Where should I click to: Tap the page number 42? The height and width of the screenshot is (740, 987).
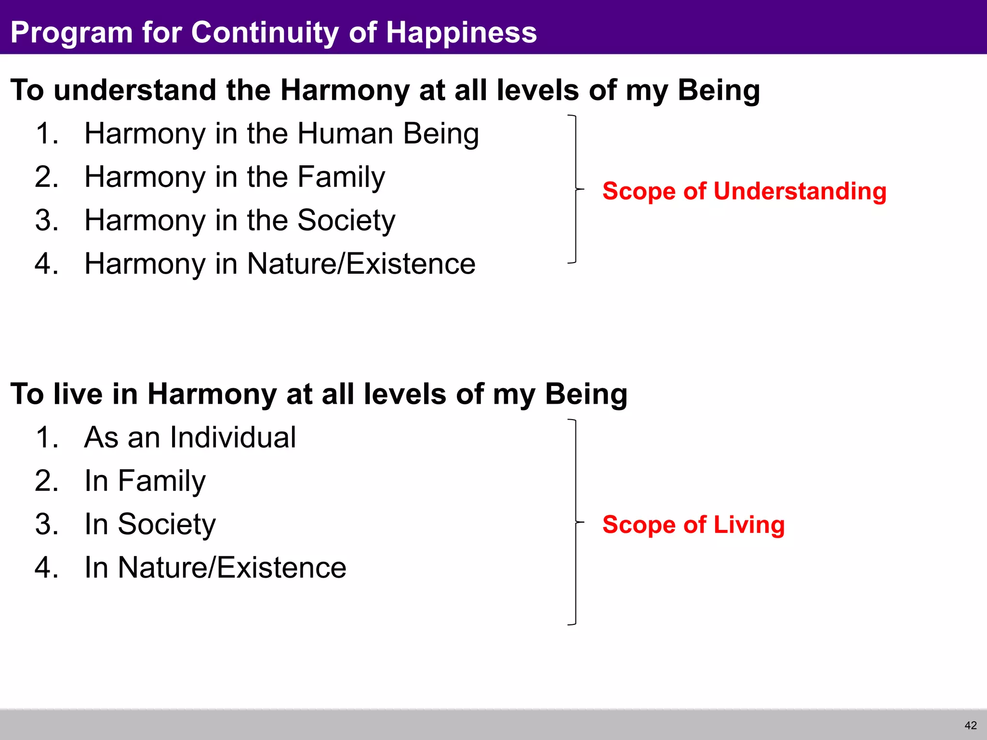click(971, 725)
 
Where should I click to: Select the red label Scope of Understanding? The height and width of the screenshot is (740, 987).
click(744, 191)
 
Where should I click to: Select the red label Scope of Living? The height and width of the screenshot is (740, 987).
click(693, 524)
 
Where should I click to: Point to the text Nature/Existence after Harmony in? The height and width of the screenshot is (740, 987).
click(361, 264)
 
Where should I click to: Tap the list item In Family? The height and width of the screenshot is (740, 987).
click(145, 481)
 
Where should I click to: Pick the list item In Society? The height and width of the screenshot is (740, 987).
click(150, 524)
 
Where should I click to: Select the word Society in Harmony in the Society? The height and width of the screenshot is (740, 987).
click(346, 221)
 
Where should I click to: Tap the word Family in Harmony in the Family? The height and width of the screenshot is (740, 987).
click(341, 177)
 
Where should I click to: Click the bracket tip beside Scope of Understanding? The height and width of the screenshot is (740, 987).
click(582, 189)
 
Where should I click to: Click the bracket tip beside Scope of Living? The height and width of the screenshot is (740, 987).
click(582, 522)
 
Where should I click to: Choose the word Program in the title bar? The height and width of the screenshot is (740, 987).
click(71, 33)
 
